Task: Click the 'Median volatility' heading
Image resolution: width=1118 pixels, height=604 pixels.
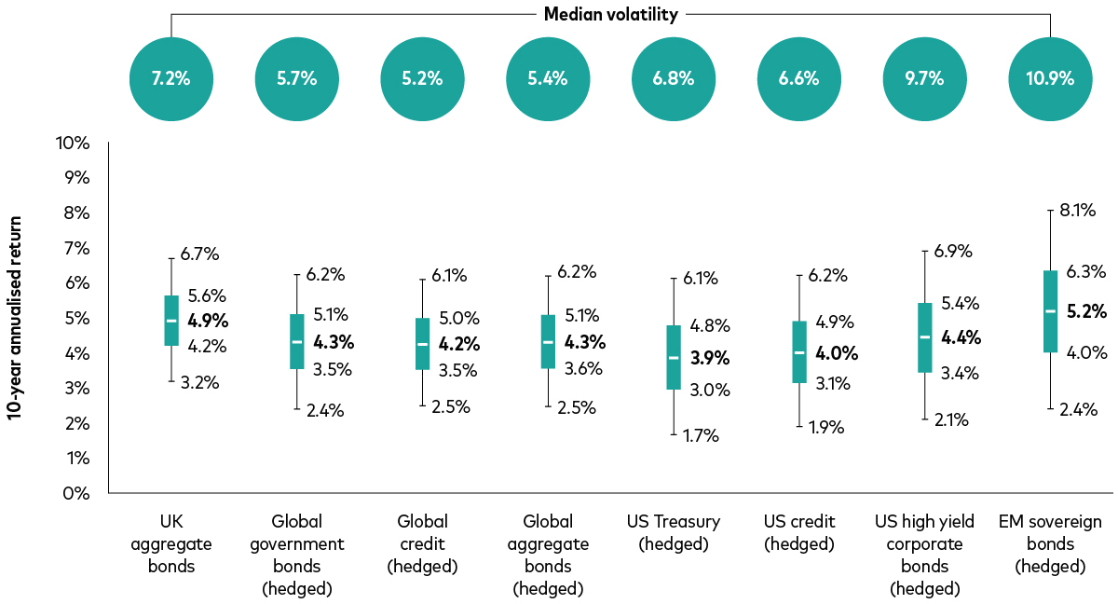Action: click(611, 15)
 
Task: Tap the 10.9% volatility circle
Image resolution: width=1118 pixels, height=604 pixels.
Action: click(1050, 79)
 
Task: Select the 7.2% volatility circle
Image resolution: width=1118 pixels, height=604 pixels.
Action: click(171, 79)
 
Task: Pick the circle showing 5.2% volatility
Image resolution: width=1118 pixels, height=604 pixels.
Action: click(422, 79)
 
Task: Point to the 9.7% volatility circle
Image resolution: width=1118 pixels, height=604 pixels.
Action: click(924, 79)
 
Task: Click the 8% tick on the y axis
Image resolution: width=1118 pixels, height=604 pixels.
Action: click(76, 213)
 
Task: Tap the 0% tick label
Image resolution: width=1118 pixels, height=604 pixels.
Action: click(76, 494)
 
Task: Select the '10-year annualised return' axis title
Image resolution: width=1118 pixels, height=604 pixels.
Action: click(15, 318)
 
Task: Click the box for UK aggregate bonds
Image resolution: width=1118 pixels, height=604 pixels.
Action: click(171, 321)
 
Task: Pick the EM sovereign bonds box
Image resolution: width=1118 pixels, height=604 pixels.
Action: click(1050, 311)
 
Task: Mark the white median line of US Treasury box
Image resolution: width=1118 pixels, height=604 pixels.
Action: click(674, 357)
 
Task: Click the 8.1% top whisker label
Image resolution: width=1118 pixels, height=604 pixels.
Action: click(1078, 211)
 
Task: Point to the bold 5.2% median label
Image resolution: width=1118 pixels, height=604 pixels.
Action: click(1086, 311)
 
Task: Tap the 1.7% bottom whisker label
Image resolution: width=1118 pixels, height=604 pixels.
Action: click(701, 436)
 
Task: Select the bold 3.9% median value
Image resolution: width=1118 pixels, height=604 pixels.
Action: click(710, 358)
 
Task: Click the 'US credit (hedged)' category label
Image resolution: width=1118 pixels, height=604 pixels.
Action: click(799, 532)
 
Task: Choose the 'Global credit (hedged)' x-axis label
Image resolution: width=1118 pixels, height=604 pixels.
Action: click(422, 543)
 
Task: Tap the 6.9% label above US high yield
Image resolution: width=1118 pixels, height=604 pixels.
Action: click(953, 251)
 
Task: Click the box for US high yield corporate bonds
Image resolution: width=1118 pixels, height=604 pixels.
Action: click(924, 337)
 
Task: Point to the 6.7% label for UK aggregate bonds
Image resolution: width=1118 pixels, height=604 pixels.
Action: click(199, 254)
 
